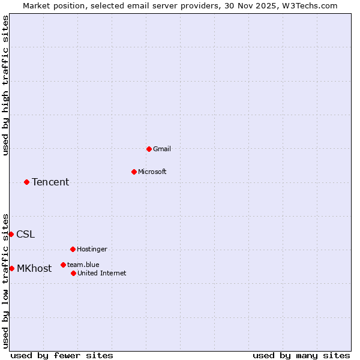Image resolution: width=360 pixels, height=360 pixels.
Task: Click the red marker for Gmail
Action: point(149,149)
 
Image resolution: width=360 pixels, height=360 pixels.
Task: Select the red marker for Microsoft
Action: point(134,172)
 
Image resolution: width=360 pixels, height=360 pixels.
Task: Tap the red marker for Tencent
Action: point(26,182)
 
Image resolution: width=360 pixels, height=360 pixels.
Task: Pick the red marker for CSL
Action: point(11,234)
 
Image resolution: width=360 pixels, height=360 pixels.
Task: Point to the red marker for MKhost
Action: point(11,268)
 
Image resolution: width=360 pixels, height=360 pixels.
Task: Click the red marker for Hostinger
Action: point(73,249)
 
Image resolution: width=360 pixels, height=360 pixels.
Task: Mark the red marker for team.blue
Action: point(63,265)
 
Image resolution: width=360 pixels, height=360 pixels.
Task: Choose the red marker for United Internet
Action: point(73,273)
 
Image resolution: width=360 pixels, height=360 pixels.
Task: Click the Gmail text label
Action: point(162,149)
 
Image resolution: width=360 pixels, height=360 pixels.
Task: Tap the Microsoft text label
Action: point(152,172)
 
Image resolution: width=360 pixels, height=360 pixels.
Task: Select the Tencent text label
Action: point(50,182)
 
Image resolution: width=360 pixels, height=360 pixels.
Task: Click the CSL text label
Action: point(26,235)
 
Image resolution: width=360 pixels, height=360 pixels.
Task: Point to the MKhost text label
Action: point(34,269)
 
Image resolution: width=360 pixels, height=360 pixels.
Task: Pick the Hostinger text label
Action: point(92,249)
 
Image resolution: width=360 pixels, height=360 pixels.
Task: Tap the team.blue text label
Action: point(83,265)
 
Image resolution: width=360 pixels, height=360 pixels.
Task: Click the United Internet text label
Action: point(102,273)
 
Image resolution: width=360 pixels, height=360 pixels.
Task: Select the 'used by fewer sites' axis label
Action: point(62,355)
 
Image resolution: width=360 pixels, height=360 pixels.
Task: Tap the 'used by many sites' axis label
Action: point(301,355)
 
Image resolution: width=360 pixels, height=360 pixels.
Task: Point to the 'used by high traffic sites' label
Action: point(5,85)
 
